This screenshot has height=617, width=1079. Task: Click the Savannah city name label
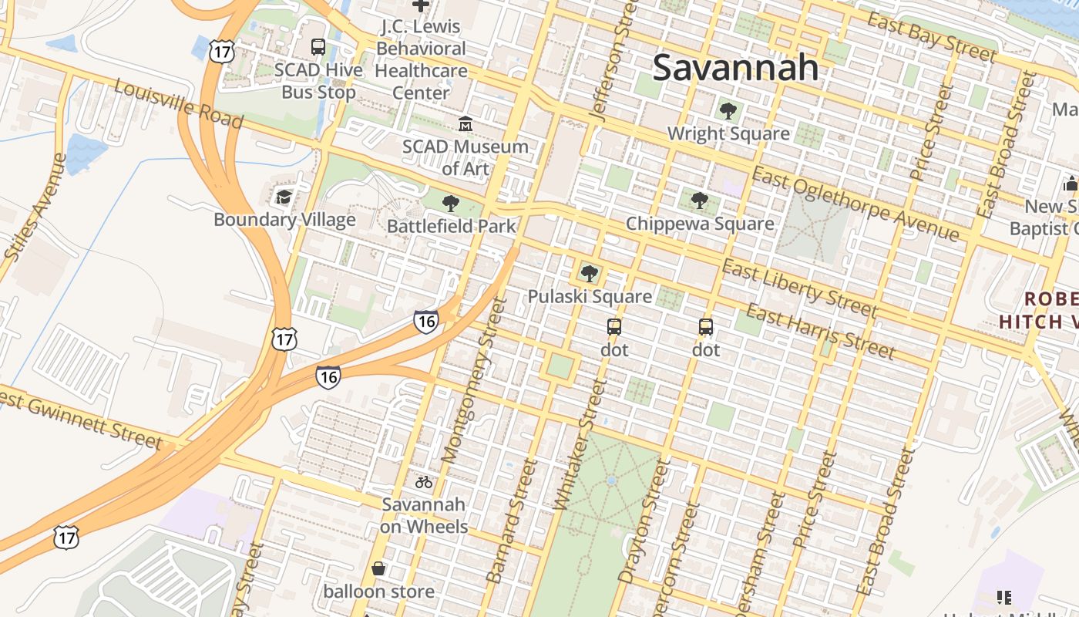(735, 68)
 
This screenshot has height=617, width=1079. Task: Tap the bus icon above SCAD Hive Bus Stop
(318, 47)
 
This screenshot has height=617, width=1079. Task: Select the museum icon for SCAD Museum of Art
(466, 123)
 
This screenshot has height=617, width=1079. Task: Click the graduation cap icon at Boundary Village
(284, 197)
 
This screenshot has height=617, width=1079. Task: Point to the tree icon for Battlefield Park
(451, 204)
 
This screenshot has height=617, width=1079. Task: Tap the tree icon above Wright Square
(728, 111)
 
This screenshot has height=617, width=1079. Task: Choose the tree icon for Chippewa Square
(700, 201)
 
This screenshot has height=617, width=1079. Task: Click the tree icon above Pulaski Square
(590, 273)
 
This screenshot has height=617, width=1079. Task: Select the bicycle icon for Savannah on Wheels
(424, 483)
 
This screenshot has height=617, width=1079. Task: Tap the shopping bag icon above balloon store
(378, 569)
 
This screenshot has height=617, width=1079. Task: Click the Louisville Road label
(179, 104)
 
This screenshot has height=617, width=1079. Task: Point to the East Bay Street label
(931, 36)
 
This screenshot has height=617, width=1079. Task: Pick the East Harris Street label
(821, 332)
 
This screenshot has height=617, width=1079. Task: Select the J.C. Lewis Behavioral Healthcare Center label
(421, 59)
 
